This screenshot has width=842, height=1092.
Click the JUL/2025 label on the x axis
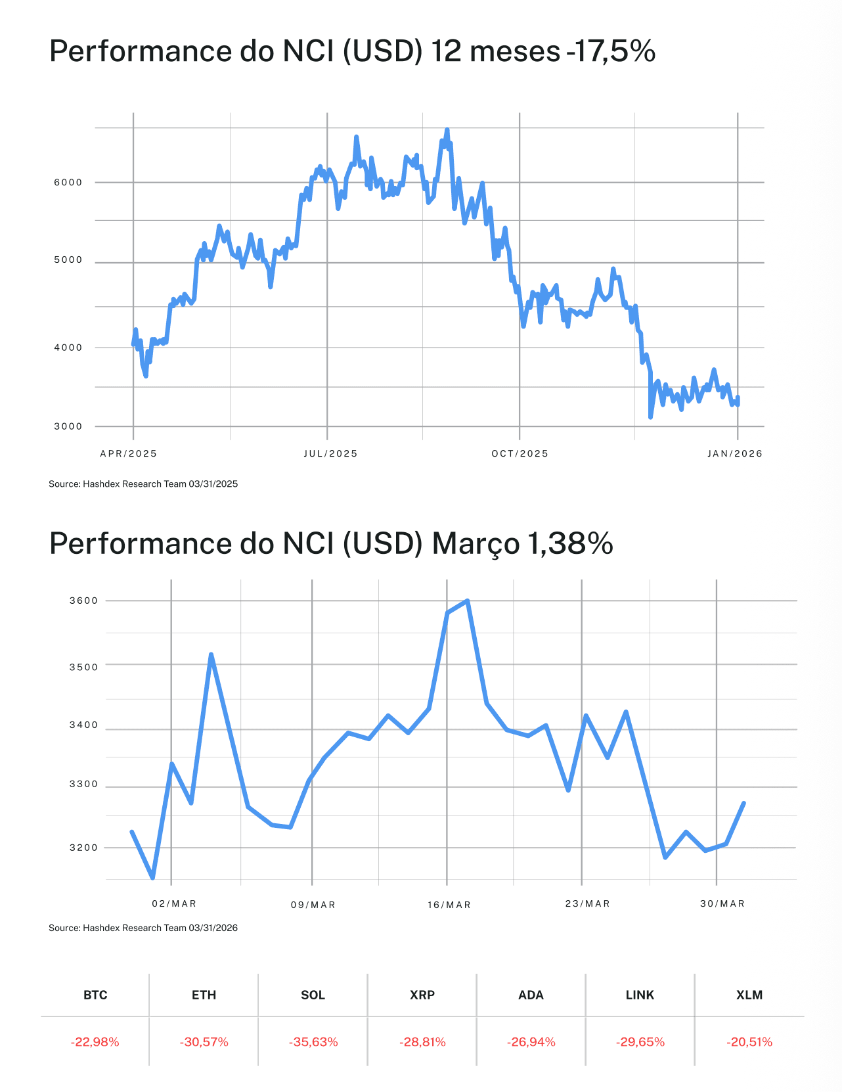330,454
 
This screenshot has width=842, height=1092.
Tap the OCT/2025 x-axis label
520,454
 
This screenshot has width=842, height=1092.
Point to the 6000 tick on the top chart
68,183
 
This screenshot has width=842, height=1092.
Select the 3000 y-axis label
68,426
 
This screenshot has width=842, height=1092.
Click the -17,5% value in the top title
611,51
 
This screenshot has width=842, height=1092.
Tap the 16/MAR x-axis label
449,905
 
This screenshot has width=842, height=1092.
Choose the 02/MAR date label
174,904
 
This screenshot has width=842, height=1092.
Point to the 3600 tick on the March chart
83,601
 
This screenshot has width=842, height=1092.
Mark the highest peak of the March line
467,601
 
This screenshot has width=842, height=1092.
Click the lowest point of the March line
153,877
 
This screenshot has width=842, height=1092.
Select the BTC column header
95,995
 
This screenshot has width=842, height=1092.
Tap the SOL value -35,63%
313,1042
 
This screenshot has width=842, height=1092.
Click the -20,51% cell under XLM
749,1042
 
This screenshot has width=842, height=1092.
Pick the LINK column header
640,995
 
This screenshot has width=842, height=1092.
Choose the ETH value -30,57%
204,1042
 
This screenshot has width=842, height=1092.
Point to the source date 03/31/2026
213,928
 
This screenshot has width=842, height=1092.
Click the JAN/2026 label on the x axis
735,454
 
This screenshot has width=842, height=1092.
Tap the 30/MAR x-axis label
722,904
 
